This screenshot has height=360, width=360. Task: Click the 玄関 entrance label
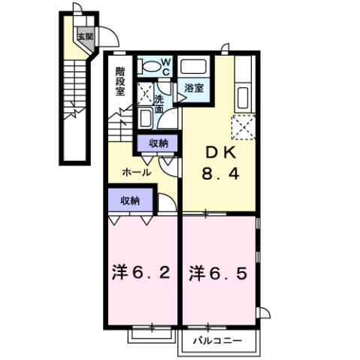coord(84,35)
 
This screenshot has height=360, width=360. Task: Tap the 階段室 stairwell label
coord(120,80)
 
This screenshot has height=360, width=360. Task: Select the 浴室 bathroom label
coord(194,89)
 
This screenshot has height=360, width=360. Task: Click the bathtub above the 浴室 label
coord(194,66)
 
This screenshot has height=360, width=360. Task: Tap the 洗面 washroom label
coord(159,104)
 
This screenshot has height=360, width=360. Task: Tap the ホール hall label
coord(137,172)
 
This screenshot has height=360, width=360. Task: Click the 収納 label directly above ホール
coord(158,143)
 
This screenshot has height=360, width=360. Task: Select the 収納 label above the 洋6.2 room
coord(129,200)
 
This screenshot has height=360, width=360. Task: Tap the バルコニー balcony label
coord(217,341)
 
